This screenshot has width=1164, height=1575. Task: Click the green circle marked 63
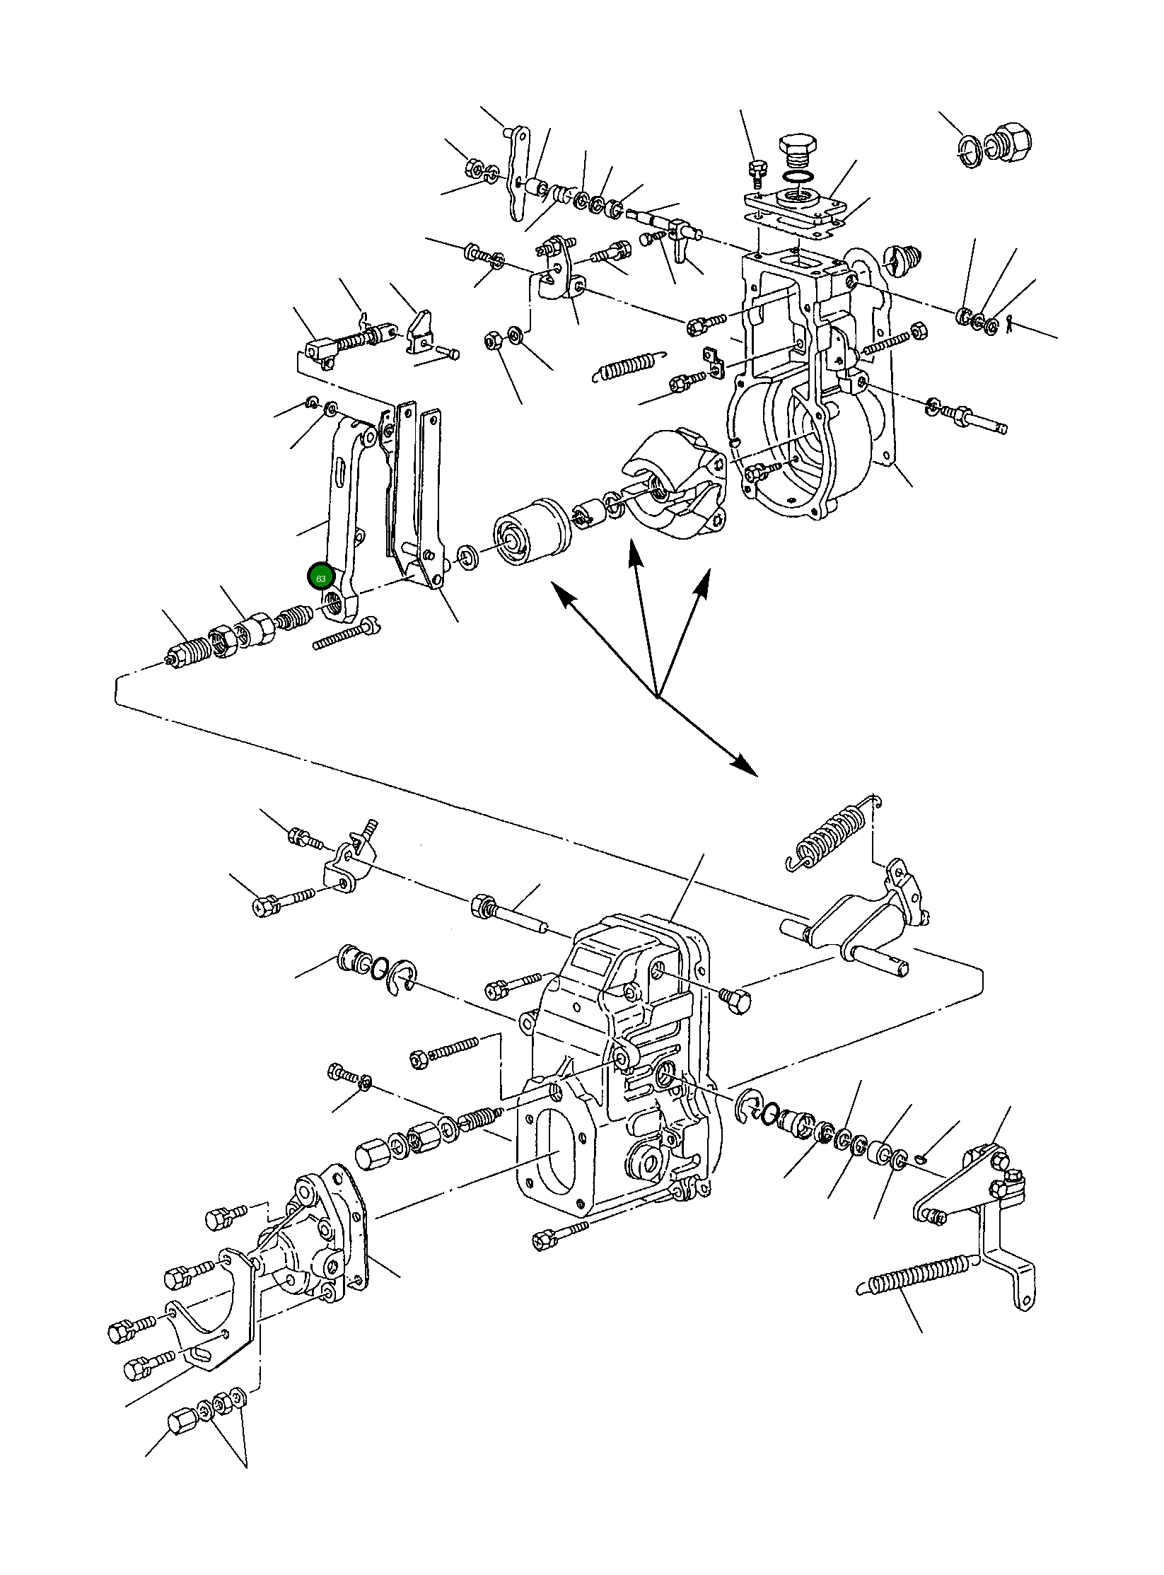pyautogui.click(x=320, y=577)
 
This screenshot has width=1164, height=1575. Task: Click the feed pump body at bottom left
pyautogui.click(x=304, y=1248)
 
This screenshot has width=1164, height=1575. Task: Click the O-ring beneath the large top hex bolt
pyautogui.click(x=798, y=175)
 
